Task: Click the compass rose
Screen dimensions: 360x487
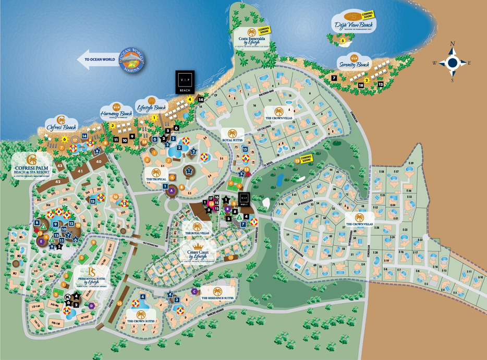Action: (452, 63)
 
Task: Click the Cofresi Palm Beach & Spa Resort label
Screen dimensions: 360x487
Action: (31, 166)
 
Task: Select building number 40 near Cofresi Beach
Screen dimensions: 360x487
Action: (98, 162)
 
